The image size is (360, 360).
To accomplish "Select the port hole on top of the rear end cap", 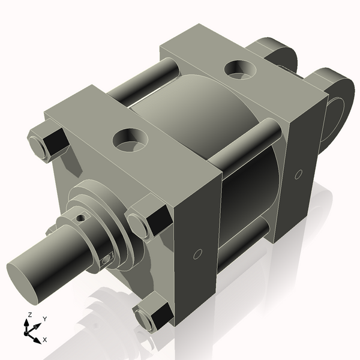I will (238, 67).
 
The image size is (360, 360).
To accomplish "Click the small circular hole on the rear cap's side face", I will (298, 175).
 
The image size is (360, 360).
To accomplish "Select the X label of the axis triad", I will (45, 340).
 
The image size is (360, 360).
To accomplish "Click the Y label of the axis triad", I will (45, 319).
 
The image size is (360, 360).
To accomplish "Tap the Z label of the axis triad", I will (29, 314).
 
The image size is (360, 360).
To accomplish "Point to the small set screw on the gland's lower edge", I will (107, 259).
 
